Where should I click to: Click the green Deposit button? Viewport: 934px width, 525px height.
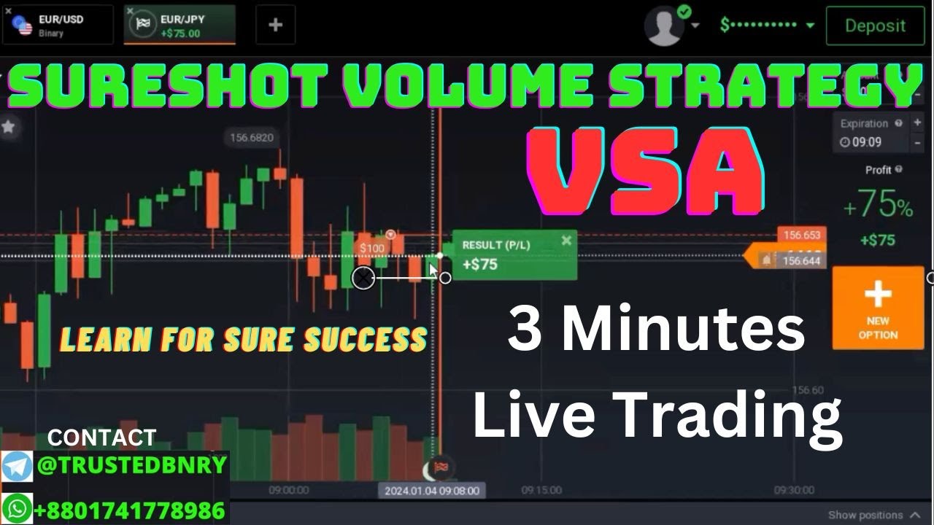874,26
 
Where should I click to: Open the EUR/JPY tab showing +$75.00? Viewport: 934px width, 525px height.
180,26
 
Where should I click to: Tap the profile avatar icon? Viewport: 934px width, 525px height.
663,26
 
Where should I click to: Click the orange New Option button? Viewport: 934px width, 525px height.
877,307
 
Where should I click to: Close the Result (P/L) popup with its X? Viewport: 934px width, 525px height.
566,241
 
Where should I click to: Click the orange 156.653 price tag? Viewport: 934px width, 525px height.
801,235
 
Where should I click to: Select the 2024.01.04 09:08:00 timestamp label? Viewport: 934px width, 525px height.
432,491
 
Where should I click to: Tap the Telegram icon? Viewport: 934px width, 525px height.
17,466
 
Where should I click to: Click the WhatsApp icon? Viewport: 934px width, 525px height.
17,508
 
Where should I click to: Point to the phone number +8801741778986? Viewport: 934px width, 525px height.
130,509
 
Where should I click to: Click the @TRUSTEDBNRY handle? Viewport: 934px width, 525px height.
131,466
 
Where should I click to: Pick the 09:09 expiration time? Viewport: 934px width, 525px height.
866,142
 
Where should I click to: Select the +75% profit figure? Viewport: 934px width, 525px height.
877,207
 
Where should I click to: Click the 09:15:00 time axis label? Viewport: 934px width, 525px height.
541,491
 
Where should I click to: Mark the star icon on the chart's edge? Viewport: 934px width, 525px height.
9,127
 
